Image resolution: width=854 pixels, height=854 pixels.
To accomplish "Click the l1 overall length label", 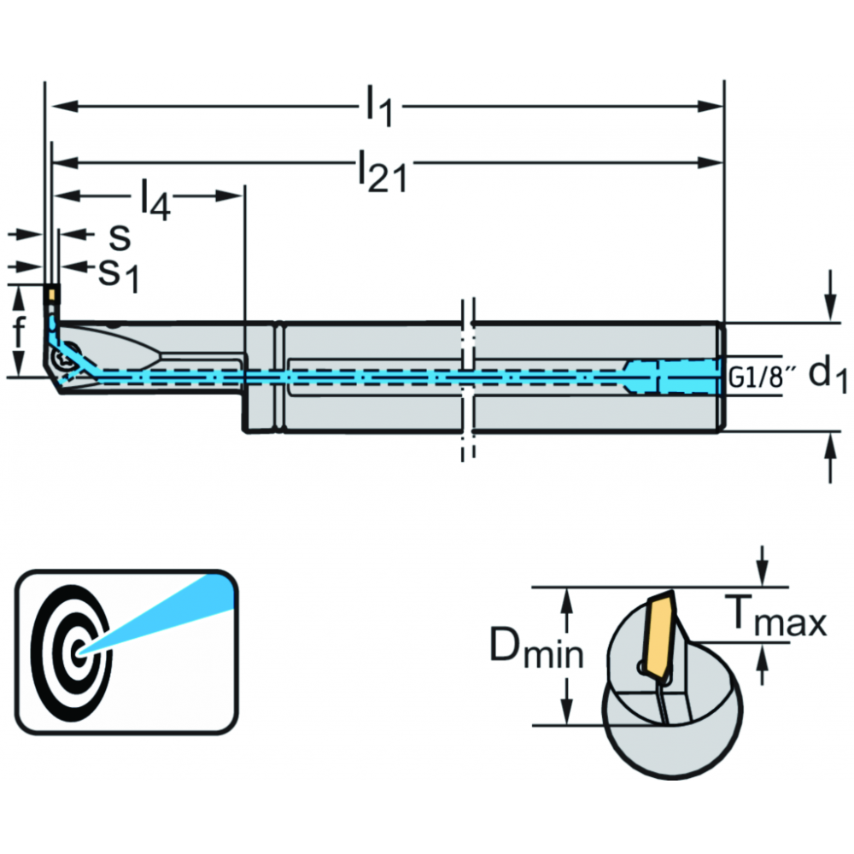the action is pos(379,106).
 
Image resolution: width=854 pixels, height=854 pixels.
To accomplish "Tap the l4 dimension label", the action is pos(155,199).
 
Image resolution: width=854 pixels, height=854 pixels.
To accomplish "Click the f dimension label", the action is pos(20,331).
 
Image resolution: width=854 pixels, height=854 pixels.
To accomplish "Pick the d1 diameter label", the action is pos(828,376).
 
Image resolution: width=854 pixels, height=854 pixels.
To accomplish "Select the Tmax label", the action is pos(775,616).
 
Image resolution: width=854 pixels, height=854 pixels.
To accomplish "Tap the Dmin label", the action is pos(536,648).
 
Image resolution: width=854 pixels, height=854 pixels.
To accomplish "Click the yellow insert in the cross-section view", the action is pos(659,635).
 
